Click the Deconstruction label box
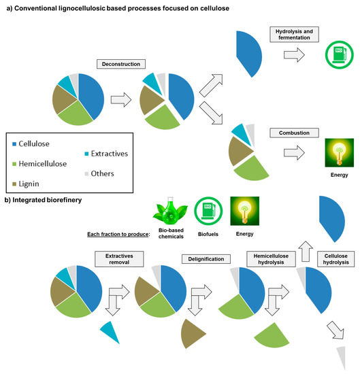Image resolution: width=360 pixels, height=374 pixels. pos(121,64)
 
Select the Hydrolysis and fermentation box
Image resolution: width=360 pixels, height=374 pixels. pos(294,35)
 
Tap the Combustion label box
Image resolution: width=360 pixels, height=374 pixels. pos(294,133)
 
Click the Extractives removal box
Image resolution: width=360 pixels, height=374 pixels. pos(119,259)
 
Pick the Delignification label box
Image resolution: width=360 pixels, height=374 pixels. pos(206,259)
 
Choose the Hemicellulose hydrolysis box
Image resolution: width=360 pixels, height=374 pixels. pos(271,259)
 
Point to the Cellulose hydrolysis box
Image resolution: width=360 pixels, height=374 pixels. pos(336,259)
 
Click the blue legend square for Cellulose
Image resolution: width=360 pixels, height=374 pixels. pos(14,144)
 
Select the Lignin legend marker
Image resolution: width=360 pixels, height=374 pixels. pos(14,184)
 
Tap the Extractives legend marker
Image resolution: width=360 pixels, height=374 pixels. pos(86,154)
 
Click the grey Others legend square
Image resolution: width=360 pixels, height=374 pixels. pos(86,173)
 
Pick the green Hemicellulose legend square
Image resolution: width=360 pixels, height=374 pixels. pos(14,164)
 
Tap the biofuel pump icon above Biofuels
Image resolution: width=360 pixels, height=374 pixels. pos(208,211)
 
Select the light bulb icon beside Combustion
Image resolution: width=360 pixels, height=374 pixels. pos(339,152)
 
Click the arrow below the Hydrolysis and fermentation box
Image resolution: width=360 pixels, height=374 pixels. pos(294,54)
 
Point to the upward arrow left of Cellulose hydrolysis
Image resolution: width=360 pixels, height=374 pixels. pos(306,251)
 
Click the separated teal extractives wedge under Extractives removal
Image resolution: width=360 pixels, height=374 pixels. pos(110,332)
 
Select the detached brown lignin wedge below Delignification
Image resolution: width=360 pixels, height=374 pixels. pos(192,334)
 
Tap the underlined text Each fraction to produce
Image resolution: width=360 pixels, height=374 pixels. pos(118,234)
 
